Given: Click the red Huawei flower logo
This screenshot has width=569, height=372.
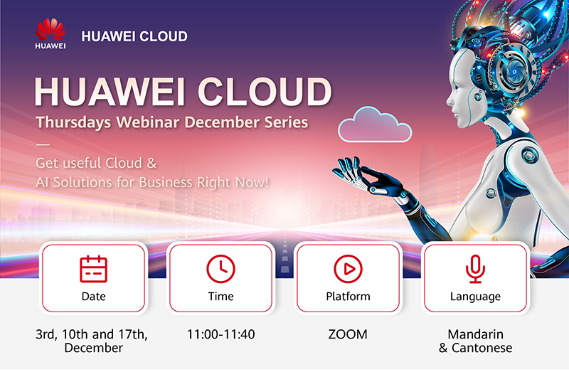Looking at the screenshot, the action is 50,29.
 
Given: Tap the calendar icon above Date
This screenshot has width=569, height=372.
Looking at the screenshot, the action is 93,269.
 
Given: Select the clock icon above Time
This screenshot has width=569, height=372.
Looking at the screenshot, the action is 220,269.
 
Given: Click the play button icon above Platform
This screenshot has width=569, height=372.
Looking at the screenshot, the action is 348,269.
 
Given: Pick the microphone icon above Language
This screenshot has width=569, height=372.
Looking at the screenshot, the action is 475,269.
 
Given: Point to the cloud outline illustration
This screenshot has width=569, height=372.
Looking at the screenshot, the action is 375,124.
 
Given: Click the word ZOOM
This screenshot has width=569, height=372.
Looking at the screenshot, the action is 348,334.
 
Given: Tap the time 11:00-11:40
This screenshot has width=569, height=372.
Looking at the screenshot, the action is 220,334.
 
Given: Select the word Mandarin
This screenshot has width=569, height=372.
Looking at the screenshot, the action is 475,334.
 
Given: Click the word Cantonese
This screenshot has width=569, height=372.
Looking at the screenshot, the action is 482,348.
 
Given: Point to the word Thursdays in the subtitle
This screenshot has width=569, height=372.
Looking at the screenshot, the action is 73,122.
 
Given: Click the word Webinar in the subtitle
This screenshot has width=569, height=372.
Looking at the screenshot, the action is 148,122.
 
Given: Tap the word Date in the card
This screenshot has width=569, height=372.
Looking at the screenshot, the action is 94,296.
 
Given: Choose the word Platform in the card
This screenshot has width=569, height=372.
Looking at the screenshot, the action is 348,296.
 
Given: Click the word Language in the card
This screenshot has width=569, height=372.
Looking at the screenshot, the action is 475,297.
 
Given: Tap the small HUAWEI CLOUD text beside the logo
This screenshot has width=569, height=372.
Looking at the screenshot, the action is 134,36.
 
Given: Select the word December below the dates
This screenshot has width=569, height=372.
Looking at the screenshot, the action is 94,348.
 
